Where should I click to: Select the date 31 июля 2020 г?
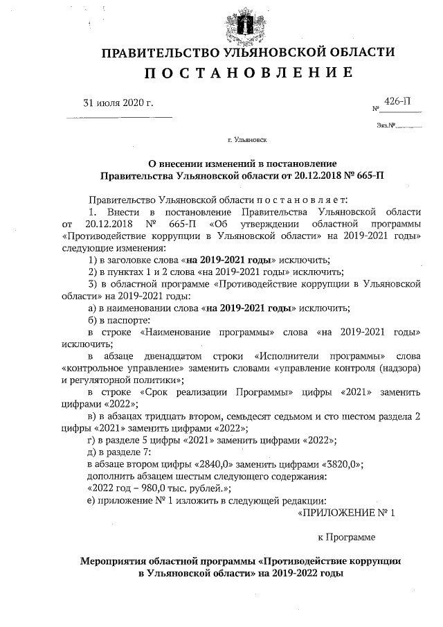click(x=118, y=103)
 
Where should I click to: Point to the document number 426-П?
click(x=397, y=101)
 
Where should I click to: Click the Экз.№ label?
click(x=386, y=125)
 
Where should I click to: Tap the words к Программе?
click(x=345, y=537)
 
